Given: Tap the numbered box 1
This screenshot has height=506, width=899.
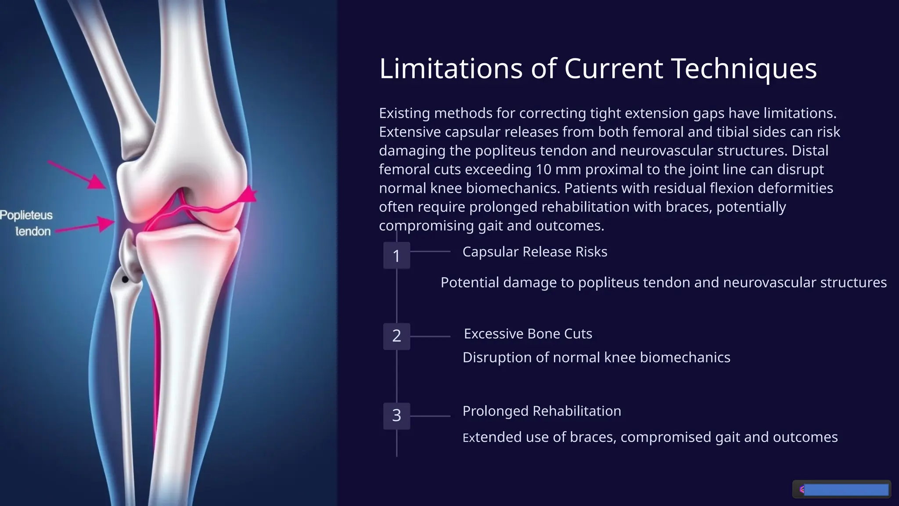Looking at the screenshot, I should pos(396,256).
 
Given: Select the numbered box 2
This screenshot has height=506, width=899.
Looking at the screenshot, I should pos(396,336).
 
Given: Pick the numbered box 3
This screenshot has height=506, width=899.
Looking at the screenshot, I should pos(396,416).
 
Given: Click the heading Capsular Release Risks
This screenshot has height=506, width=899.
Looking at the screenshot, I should pos(535,252).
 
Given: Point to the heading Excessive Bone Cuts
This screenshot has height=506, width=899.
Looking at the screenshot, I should pos(528,334).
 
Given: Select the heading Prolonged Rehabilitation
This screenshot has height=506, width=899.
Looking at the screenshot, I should pos(542,411).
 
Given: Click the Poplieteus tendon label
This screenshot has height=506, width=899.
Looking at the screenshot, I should pos(27,223).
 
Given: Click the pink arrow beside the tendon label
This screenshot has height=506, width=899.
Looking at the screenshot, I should pos(86,226).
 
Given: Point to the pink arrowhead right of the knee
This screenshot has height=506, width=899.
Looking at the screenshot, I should pos(250,194).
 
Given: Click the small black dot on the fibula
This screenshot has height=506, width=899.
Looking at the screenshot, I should pos(125,279).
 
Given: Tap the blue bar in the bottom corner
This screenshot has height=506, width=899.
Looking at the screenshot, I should pos(845,490).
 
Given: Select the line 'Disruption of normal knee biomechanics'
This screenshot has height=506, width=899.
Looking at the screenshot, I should pos(596,358).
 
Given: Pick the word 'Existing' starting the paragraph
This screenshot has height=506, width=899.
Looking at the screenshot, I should pos(404,113).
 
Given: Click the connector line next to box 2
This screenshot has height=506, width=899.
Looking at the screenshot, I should pos(430,336).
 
